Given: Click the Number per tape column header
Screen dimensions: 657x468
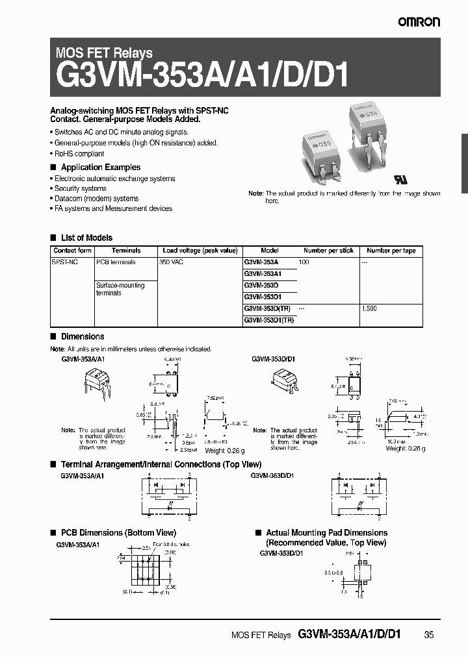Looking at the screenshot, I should tap(391, 251).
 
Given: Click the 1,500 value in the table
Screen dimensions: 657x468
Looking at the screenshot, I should tap(370, 309).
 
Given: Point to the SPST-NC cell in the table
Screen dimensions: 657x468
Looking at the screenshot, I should tap(65, 262).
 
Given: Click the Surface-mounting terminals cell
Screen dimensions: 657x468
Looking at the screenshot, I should tap(120, 289).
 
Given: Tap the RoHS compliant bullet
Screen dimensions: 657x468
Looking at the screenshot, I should tap(79, 154).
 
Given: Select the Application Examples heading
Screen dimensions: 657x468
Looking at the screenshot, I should tap(100, 167).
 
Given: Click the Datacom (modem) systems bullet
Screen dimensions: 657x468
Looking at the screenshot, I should tap(96, 199).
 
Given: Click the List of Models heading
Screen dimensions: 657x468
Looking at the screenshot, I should tap(86, 238).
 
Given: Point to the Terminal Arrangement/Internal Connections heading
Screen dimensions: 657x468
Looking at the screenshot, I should tap(161, 465).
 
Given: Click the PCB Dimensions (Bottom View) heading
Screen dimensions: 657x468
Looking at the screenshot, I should tap(118, 533).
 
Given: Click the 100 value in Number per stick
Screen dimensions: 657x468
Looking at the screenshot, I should tap(304, 262).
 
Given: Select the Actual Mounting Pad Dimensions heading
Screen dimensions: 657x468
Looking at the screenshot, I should tap(326, 533).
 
